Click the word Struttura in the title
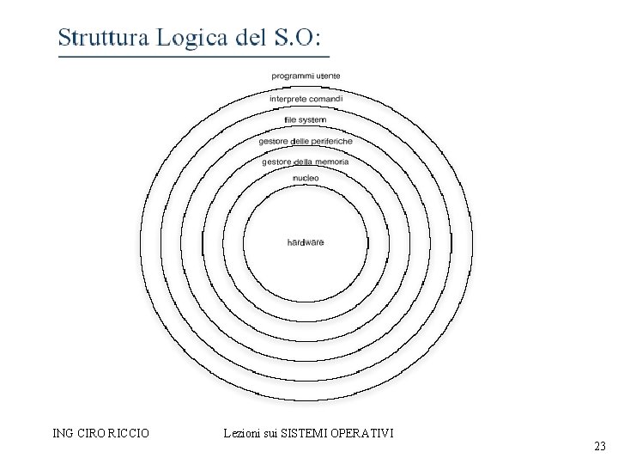click(x=100, y=38)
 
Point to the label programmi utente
click(x=306, y=76)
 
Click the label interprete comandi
click(x=306, y=100)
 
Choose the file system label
click(x=306, y=120)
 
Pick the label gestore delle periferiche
click(x=306, y=141)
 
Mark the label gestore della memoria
click(x=306, y=162)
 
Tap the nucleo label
click(x=306, y=178)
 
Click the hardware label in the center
click(x=306, y=242)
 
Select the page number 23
click(x=599, y=446)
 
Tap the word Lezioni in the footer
click(x=241, y=433)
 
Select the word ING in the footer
click(x=63, y=433)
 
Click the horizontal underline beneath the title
click(x=193, y=57)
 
